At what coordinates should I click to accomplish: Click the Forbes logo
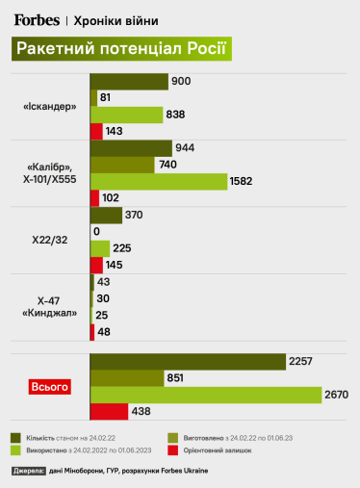(36, 18)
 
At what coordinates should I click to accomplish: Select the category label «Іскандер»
(49, 106)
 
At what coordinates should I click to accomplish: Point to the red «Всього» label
(49, 387)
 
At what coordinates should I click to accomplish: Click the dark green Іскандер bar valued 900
(128, 81)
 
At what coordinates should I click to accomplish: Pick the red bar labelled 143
(96, 131)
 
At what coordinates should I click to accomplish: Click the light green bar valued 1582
(158, 181)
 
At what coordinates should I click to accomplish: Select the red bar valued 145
(96, 264)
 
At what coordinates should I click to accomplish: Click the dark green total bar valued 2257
(188, 361)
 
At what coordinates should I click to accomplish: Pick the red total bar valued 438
(109, 411)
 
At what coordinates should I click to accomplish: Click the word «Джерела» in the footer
(29, 471)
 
